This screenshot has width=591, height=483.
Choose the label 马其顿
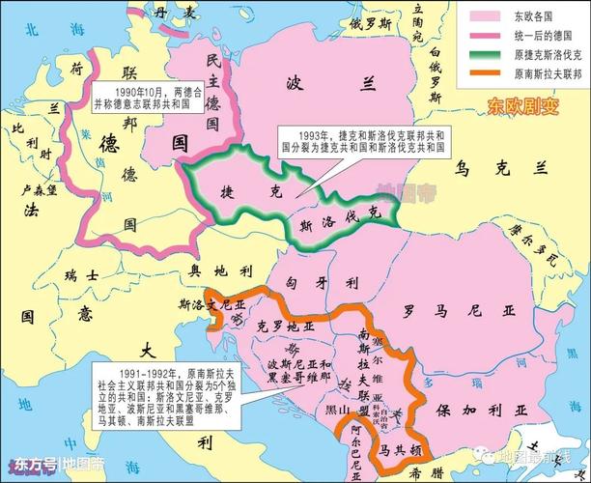pyautogui.click(x=396, y=450)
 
